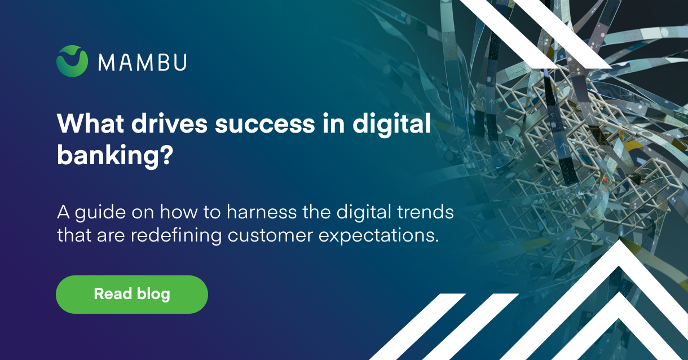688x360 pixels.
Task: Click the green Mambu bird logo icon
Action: (72, 61)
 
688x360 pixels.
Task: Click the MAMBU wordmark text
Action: (142, 62)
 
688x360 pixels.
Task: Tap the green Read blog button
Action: (132, 294)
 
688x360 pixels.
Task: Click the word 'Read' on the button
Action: (113, 294)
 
